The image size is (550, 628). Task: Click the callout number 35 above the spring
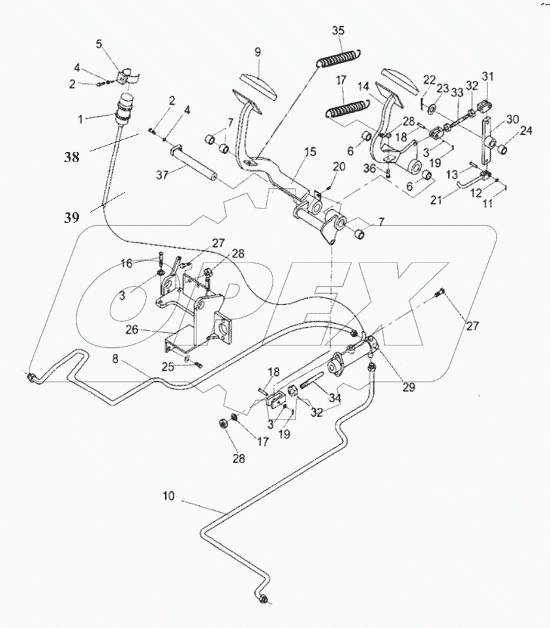(x=337, y=31)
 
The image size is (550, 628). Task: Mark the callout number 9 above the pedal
(x=258, y=52)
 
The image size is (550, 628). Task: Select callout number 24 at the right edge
(x=526, y=130)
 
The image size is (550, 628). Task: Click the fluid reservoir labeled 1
(x=123, y=109)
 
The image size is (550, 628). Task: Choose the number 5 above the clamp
(x=99, y=44)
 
